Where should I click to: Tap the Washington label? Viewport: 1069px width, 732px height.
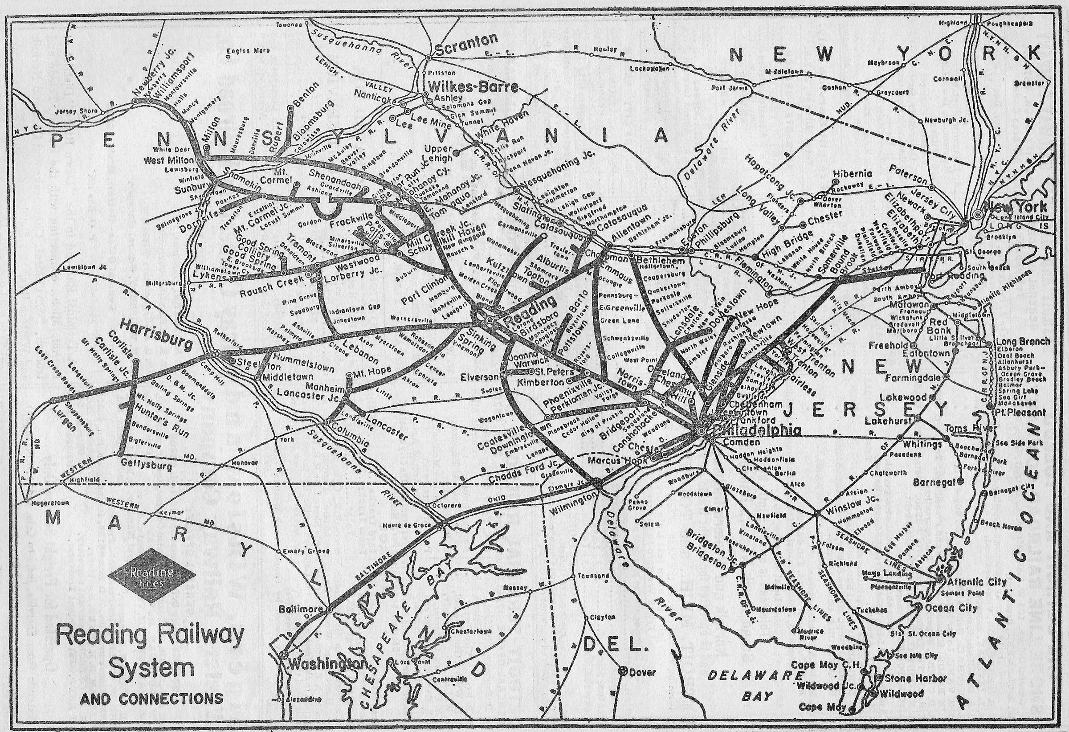(x=327, y=664)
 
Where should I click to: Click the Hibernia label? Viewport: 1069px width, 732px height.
(x=852, y=174)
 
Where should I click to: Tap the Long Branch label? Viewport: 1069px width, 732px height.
(x=1023, y=341)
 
